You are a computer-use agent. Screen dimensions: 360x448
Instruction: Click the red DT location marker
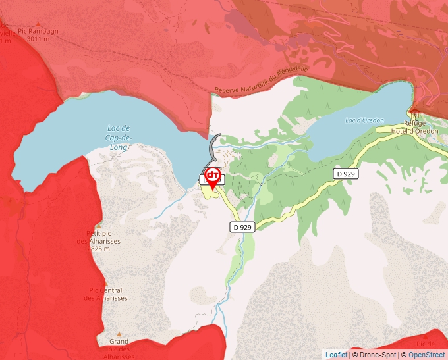click(213, 176)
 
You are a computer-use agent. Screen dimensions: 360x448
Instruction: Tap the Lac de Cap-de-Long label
click(119, 138)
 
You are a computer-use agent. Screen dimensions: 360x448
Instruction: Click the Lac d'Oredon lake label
click(364, 120)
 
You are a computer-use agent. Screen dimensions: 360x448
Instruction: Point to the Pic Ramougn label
click(38, 31)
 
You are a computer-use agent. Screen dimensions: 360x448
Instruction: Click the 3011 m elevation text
click(38, 39)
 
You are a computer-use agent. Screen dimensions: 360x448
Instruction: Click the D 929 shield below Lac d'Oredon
click(345, 174)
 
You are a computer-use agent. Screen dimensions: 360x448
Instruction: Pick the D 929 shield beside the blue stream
click(242, 227)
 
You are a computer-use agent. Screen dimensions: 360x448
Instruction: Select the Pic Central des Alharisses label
click(105, 294)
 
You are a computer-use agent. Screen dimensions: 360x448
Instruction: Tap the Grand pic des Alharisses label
click(119, 349)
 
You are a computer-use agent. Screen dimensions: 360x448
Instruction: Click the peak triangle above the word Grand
click(119, 334)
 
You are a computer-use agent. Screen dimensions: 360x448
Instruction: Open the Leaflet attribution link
click(336, 355)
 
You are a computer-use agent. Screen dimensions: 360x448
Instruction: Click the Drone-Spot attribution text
click(375, 355)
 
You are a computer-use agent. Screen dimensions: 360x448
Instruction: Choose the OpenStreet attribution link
click(426, 355)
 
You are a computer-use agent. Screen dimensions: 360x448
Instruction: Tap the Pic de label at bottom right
click(426, 344)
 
